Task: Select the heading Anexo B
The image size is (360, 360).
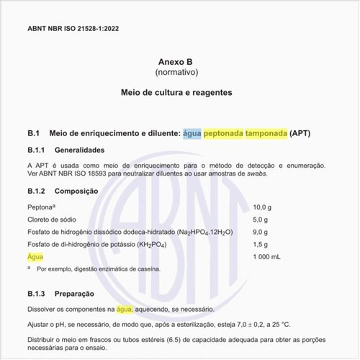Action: click(176, 62)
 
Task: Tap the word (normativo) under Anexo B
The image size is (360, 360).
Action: click(176, 73)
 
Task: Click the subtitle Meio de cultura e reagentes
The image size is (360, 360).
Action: click(176, 93)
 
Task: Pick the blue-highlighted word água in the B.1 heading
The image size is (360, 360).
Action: click(192, 134)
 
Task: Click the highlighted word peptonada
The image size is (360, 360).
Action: click(223, 134)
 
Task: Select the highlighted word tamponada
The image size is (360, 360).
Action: click(266, 134)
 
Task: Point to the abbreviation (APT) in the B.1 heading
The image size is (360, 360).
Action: click(300, 134)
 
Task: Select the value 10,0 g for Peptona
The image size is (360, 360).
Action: click(262, 207)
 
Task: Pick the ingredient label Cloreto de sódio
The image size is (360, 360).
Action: click(53, 220)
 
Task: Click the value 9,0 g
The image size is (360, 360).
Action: click(261, 232)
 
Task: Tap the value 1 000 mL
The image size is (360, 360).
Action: click(267, 257)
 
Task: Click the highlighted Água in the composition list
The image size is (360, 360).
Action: click(35, 257)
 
